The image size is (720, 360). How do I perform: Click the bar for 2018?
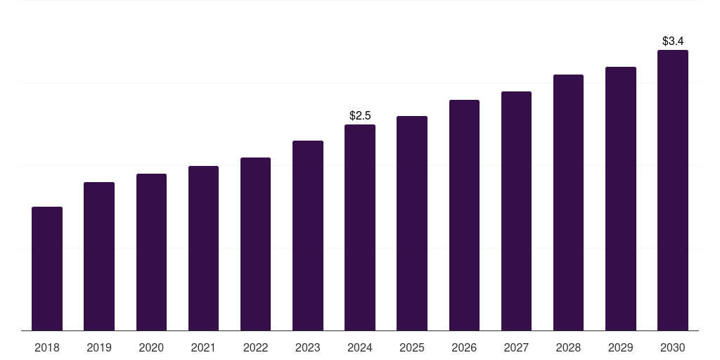tap(47, 269)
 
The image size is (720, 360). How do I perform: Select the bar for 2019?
tap(99, 257)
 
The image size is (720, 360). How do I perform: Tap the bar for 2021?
tap(203, 248)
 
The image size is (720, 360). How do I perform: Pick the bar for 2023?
tap(308, 236)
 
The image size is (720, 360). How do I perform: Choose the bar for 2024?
tap(360, 228)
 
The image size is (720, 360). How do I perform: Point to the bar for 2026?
tap(464, 215)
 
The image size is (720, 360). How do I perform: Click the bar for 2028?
tap(568, 202)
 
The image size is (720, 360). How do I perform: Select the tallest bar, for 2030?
tap(673, 191)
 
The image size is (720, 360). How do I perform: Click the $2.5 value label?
tap(360, 115)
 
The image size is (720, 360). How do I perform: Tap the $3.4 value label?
tap(673, 41)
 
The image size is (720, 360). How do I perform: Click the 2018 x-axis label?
tap(47, 348)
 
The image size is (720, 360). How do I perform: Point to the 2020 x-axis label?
tap(151, 348)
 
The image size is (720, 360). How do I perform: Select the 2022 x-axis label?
tap(255, 348)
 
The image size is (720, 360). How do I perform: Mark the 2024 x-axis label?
tap(360, 348)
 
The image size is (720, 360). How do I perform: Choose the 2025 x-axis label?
tap(412, 348)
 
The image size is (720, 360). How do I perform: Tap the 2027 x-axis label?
tap(516, 348)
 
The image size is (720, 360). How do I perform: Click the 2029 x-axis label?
tap(620, 348)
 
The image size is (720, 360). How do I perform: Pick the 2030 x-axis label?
tap(673, 348)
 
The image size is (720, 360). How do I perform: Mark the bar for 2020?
tap(151, 252)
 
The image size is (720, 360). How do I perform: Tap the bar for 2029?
tap(620, 199)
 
